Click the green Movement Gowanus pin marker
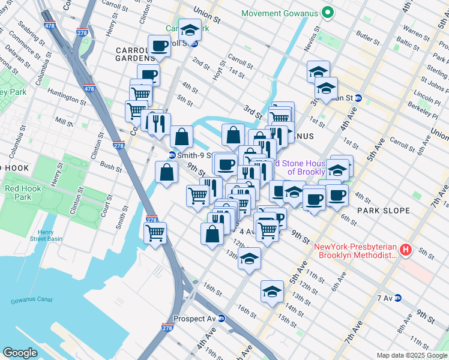(328, 13)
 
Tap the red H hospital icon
(406, 250)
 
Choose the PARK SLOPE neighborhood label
(383, 211)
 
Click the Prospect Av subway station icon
(221, 319)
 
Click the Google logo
(20, 353)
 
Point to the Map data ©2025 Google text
(411, 355)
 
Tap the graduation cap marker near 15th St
(272, 292)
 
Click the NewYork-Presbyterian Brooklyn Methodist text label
(356, 251)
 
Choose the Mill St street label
(63, 121)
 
